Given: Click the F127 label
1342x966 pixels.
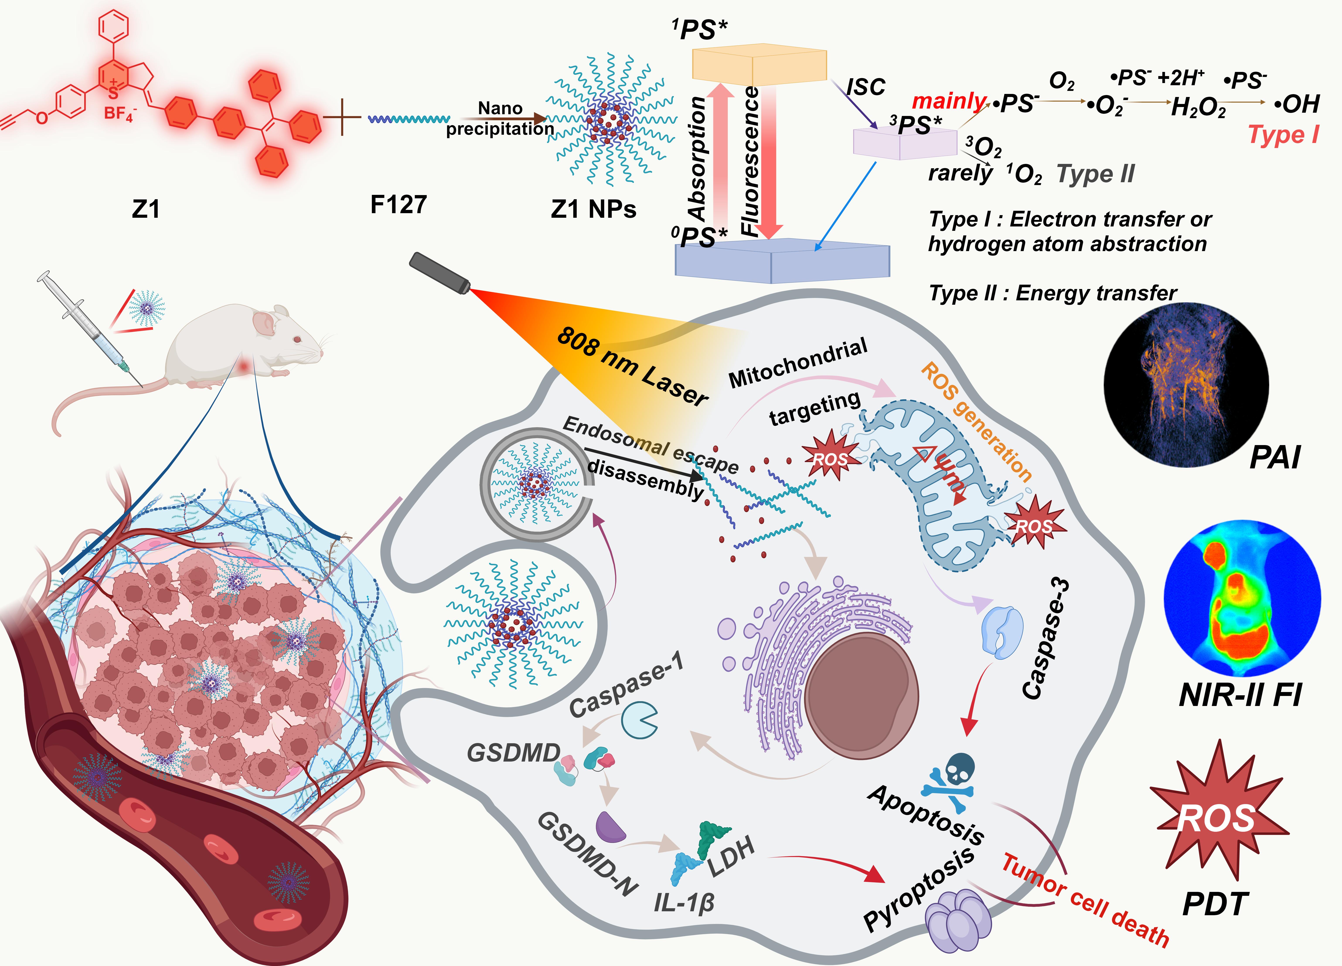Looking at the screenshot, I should click(398, 205).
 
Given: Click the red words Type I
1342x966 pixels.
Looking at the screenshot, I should click(1283, 135).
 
